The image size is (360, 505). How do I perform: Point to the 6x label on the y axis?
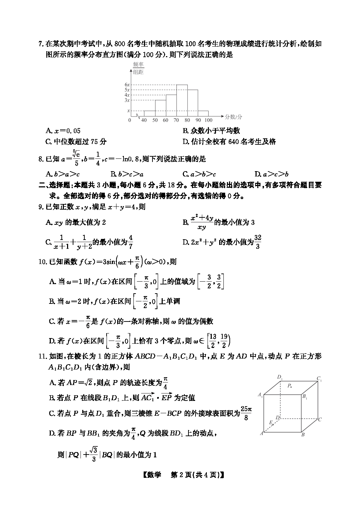[x=127, y=85]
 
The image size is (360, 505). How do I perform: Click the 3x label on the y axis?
[x=127, y=100]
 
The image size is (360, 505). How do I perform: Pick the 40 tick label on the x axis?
[x=144, y=120]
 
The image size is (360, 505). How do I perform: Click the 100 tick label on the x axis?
[x=209, y=120]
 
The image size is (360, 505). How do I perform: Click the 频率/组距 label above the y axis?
[x=138, y=68]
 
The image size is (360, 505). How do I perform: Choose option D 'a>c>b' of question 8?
[x=271, y=174]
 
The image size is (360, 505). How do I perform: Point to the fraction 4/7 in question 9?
[x=131, y=242]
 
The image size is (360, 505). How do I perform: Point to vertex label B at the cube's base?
[x=303, y=435]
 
